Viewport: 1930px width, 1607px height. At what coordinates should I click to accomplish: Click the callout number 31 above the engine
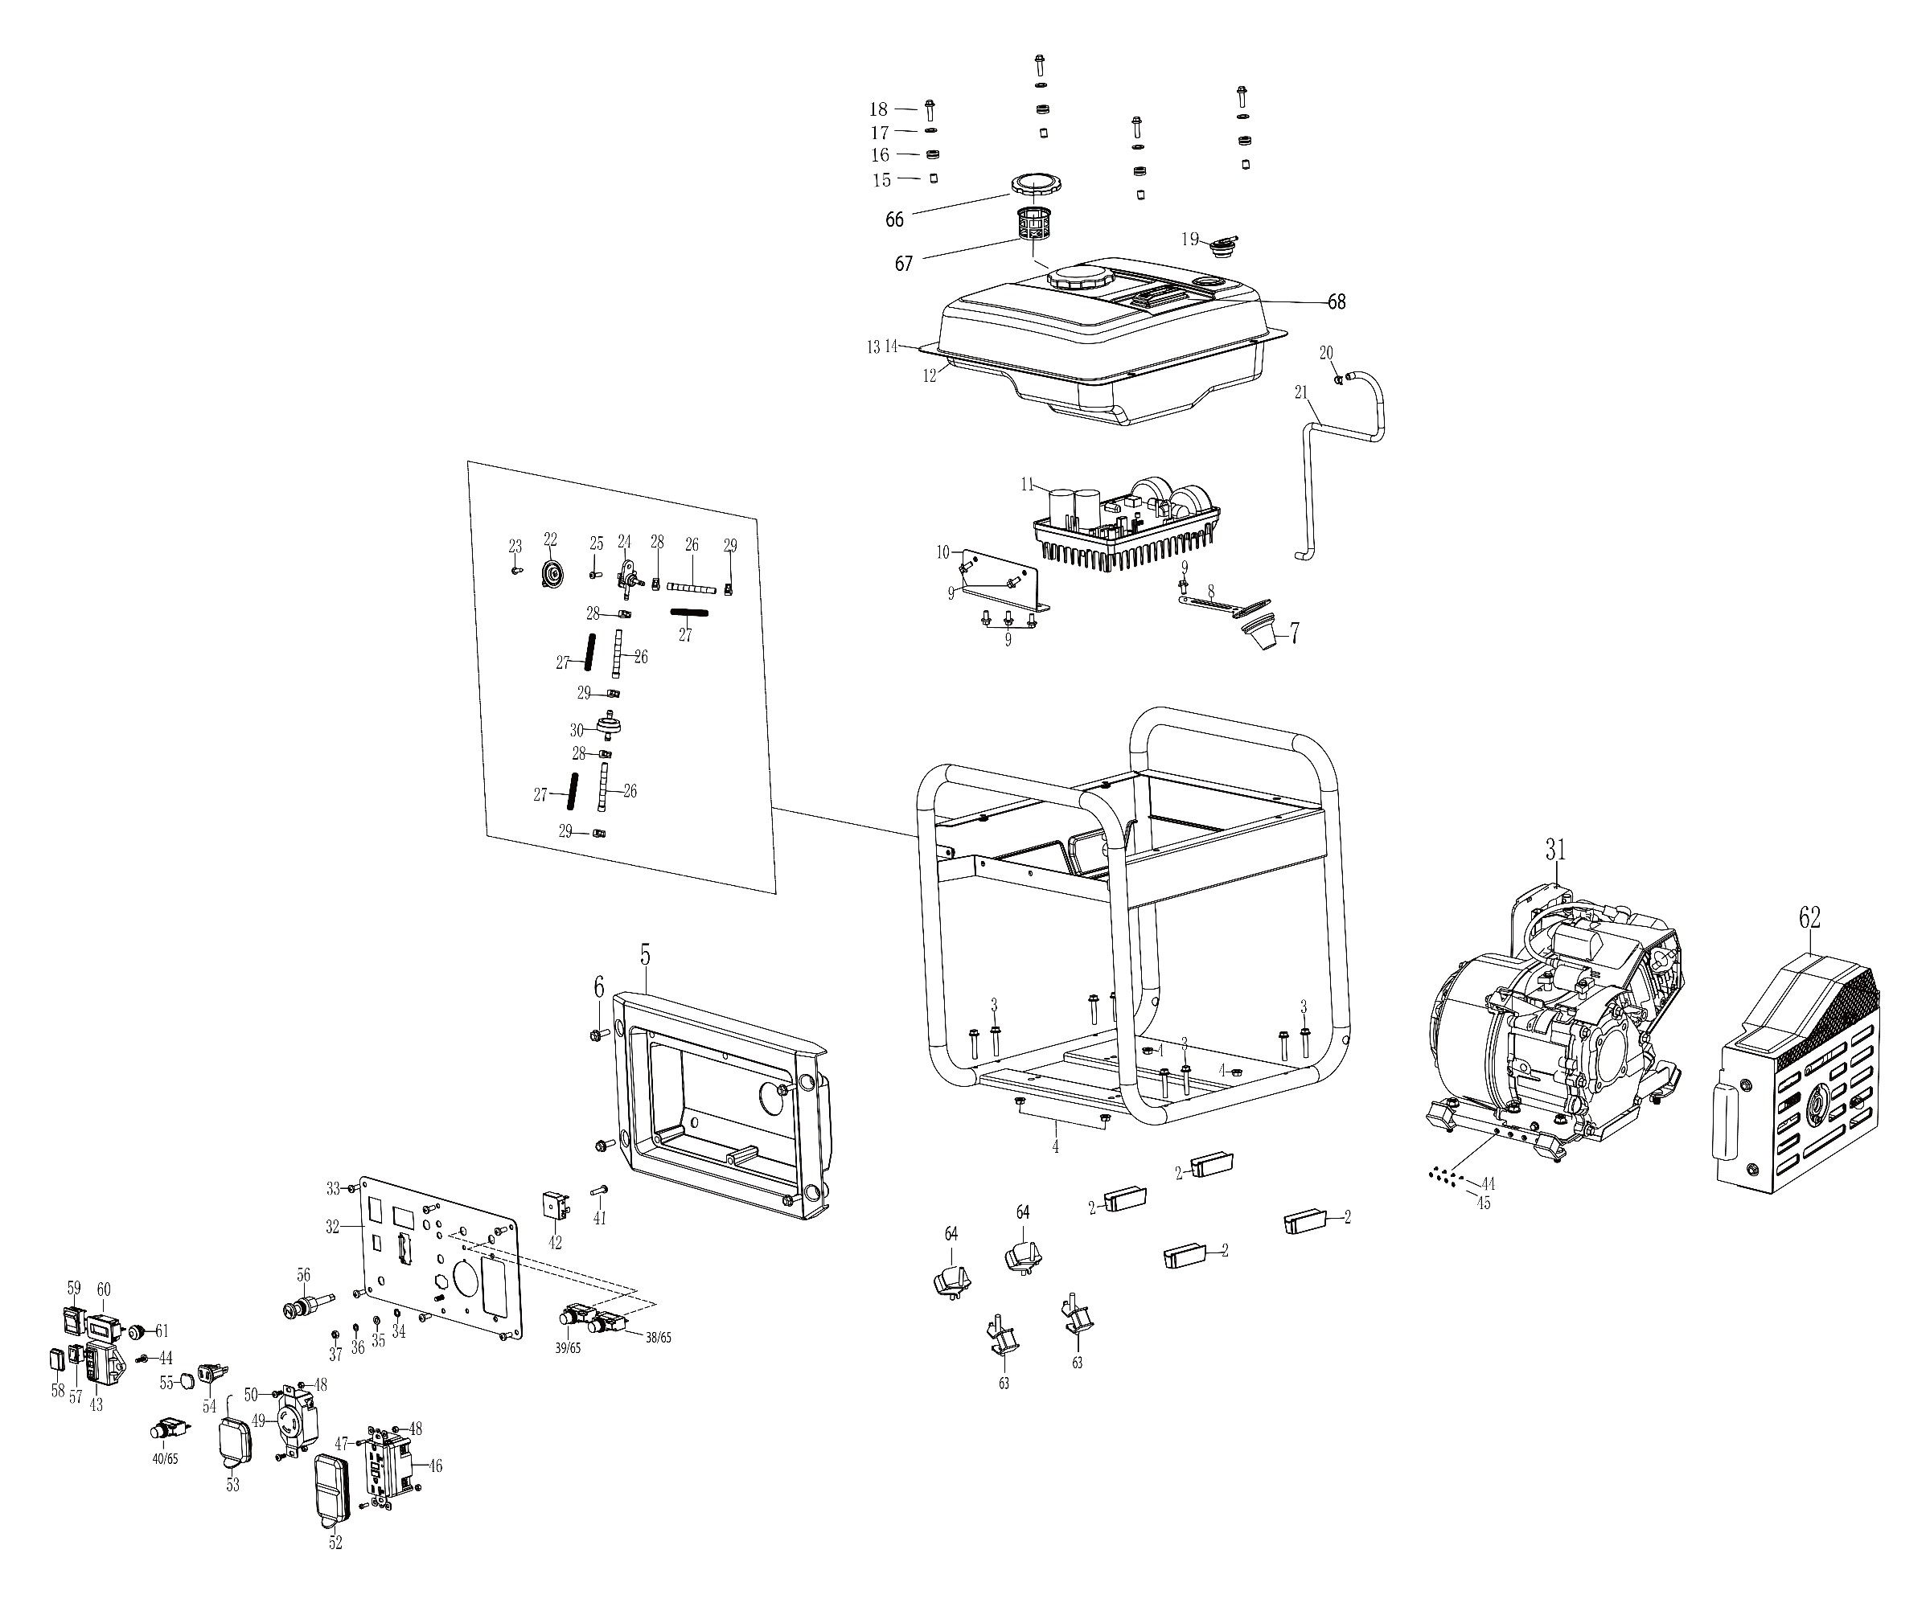pyautogui.click(x=1554, y=850)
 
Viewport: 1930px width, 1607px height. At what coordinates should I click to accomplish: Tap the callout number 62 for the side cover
pyautogui.click(x=1809, y=917)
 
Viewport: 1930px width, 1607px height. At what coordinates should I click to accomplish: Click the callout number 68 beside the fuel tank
pyautogui.click(x=1336, y=301)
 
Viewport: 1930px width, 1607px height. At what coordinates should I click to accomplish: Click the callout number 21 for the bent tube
pyautogui.click(x=1300, y=392)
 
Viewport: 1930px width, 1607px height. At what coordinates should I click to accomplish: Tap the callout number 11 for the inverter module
pyautogui.click(x=1028, y=484)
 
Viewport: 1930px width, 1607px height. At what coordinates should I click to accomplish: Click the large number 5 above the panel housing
pyautogui.click(x=645, y=955)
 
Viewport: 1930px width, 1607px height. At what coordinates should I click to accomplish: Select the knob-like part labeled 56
pyautogui.click(x=302, y=1307)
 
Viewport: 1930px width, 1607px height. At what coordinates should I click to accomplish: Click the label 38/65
pyautogui.click(x=658, y=1338)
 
